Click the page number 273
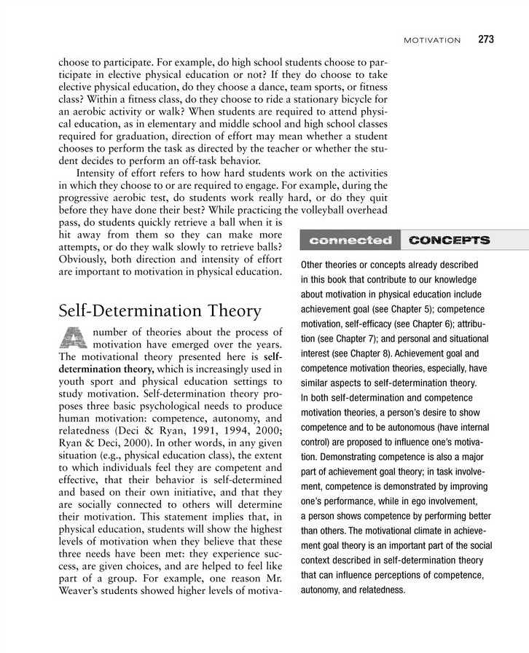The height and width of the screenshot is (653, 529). (486, 39)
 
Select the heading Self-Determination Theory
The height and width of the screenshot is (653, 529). (160, 310)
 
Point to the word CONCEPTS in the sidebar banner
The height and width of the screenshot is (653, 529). (450, 240)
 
